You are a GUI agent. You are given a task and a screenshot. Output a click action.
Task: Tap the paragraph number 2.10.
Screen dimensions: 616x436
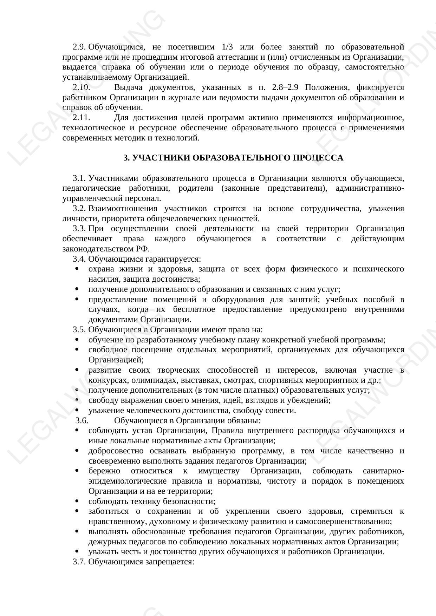pyautogui.click(x=82, y=87)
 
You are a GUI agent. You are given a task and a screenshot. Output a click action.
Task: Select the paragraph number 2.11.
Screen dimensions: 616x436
pyautogui.click(x=82, y=118)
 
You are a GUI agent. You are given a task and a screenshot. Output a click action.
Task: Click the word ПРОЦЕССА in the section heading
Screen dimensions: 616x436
pyautogui.click(x=324, y=158)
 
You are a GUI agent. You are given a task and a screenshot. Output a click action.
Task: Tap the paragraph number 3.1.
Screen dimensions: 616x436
pyautogui.click(x=79, y=178)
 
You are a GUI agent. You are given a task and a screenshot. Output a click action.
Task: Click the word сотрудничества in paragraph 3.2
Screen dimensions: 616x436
pyautogui.click(x=331, y=209)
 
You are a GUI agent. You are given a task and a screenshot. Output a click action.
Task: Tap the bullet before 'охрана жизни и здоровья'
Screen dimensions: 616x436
pyautogui.click(x=77, y=269)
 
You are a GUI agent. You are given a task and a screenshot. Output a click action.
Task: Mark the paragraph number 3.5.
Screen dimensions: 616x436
pyautogui.click(x=79, y=330)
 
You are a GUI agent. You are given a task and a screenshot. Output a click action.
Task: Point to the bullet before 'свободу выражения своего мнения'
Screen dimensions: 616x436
pyautogui.click(x=77, y=400)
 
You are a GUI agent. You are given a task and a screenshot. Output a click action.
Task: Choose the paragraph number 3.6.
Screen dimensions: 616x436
pyautogui.click(x=82, y=421)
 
